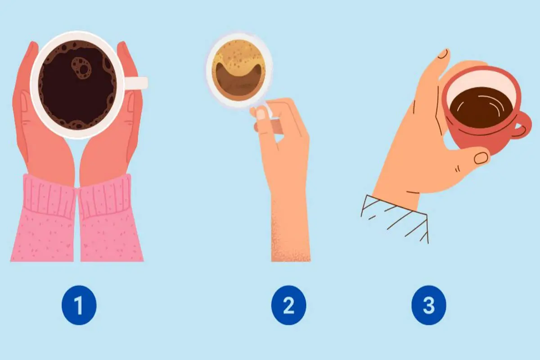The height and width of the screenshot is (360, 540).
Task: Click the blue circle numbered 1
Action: pyautogui.click(x=79, y=305)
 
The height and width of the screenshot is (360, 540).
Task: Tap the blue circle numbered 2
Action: pyautogui.click(x=288, y=305)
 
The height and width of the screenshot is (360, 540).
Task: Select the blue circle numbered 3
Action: pyautogui.click(x=428, y=305)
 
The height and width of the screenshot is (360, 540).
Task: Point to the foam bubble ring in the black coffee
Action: pyautogui.click(x=81, y=68)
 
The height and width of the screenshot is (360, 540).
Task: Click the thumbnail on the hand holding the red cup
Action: pyautogui.click(x=481, y=158)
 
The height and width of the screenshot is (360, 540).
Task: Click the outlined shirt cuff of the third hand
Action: pyautogui.click(x=396, y=218)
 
